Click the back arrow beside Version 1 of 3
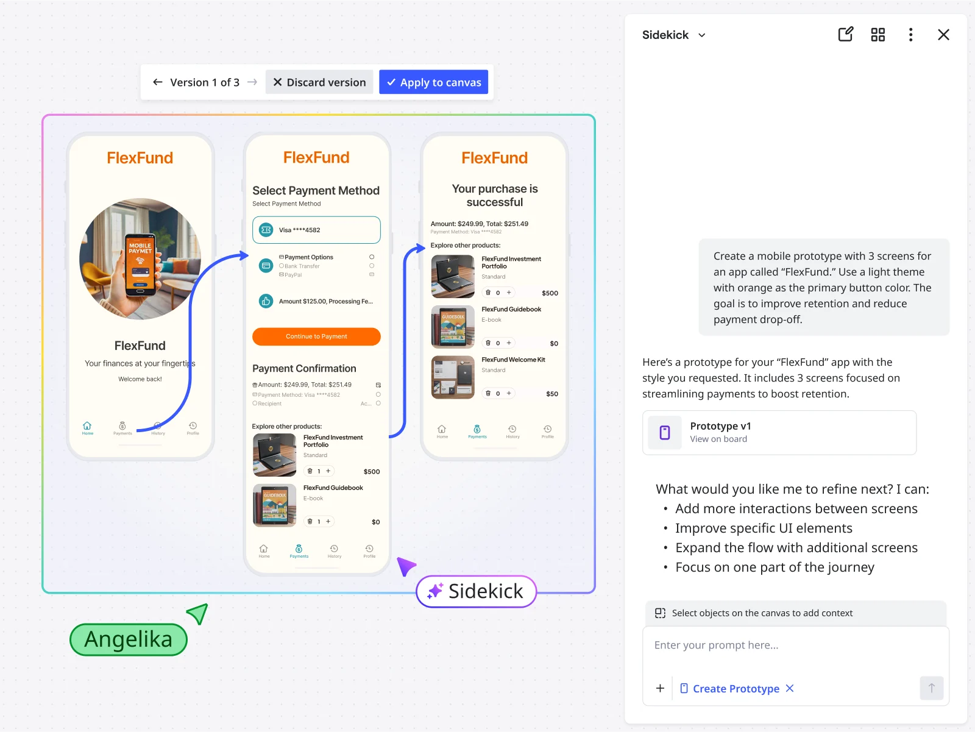pos(158,82)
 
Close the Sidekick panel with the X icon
pos(943,35)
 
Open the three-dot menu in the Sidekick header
pos(910,35)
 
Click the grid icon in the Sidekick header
pos(877,35)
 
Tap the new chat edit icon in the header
pos(845,35)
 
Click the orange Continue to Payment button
pos(316,336)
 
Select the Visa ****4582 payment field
pos(316,230)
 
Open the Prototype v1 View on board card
pos(779,432)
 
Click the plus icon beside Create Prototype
pos(660,688)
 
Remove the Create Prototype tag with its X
pos(790,688)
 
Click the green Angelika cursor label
pos(129,639)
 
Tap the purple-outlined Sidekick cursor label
pos(476,591)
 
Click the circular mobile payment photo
pos(140,259)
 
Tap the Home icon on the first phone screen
pos(88,427)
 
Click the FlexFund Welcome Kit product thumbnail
pos(453,377)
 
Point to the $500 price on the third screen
pos(550,293)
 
